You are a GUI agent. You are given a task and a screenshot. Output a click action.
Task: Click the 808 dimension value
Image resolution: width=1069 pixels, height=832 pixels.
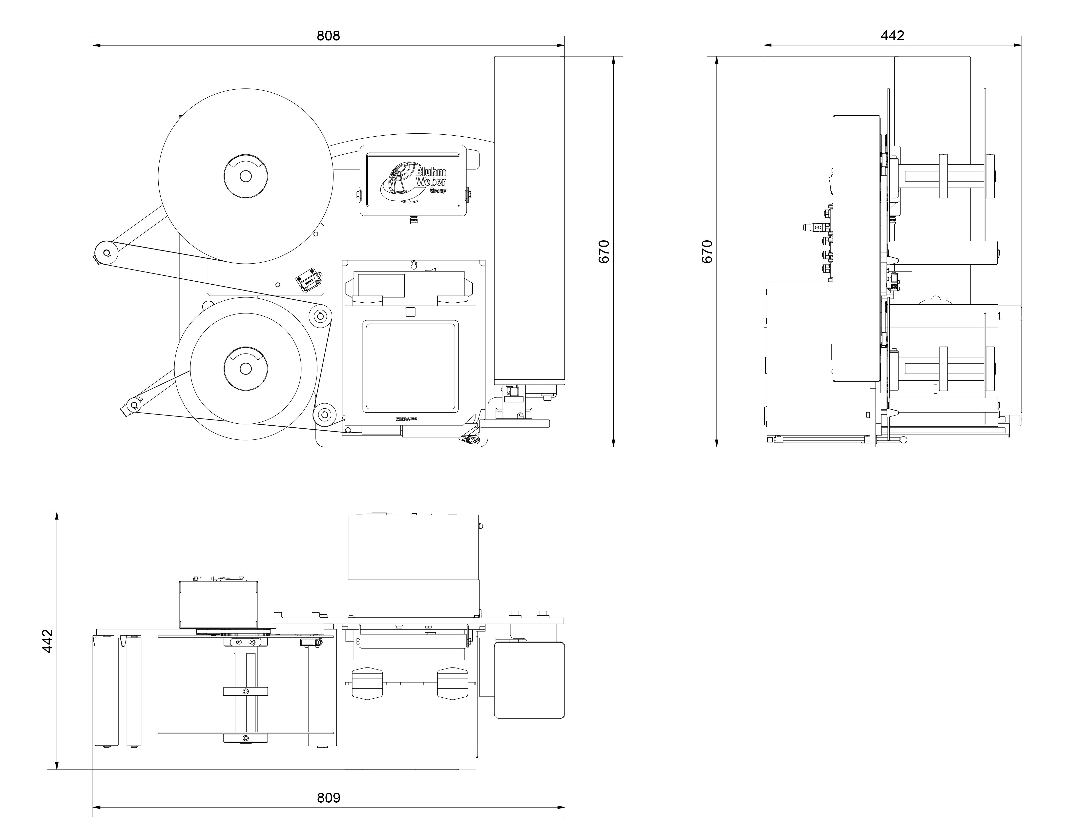tap(328, 36)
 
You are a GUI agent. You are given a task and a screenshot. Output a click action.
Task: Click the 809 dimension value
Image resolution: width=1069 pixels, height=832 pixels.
tap(328, 798)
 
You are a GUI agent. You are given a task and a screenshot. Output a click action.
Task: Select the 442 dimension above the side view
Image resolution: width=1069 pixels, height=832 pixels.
tap(892, 35)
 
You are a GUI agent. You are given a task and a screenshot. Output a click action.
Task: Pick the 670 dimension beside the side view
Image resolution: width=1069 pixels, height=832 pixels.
tap(707, 251)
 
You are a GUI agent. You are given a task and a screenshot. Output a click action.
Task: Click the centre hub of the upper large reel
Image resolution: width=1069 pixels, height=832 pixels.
tap(246, 176)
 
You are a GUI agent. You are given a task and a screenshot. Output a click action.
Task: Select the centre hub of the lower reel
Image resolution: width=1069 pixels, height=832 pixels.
tap(246, 369)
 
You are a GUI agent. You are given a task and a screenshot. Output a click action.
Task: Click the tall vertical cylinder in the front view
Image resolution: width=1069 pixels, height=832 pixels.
tap(529, 220)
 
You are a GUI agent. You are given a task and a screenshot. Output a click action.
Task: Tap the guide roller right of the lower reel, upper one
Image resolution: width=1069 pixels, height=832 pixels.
tap(321, 316)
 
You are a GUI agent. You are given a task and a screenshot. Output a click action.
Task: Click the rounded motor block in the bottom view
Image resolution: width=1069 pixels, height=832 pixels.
tap(529, 680)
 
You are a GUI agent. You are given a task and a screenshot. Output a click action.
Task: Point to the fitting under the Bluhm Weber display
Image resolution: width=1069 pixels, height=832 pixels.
tap(413, 221)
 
